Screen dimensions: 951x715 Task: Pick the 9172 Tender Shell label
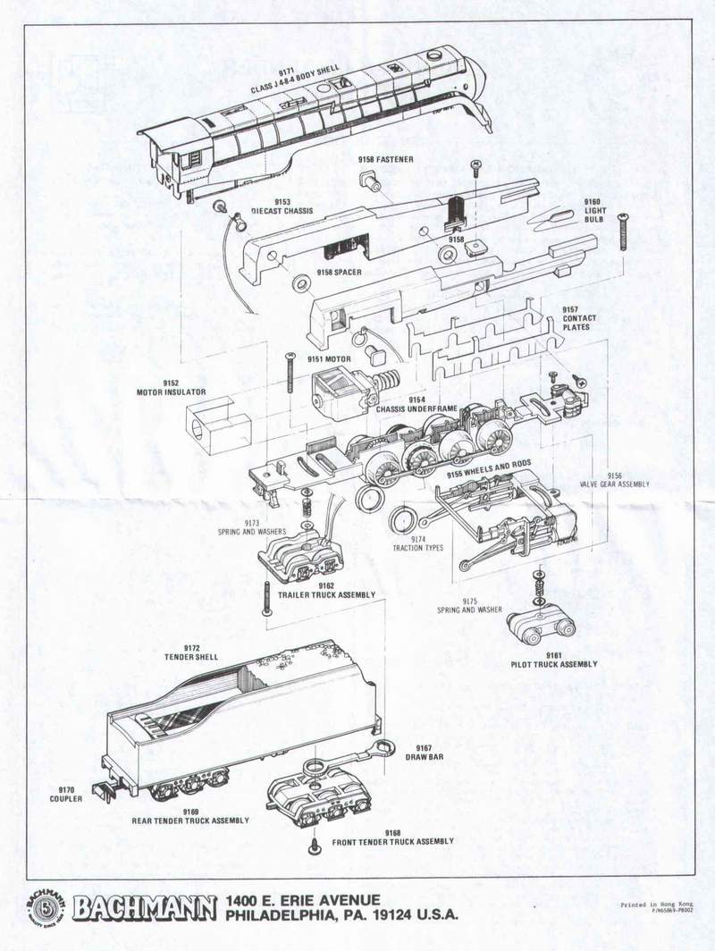click(x=185, y=652)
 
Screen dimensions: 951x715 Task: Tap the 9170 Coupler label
click(x=68, y=794)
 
